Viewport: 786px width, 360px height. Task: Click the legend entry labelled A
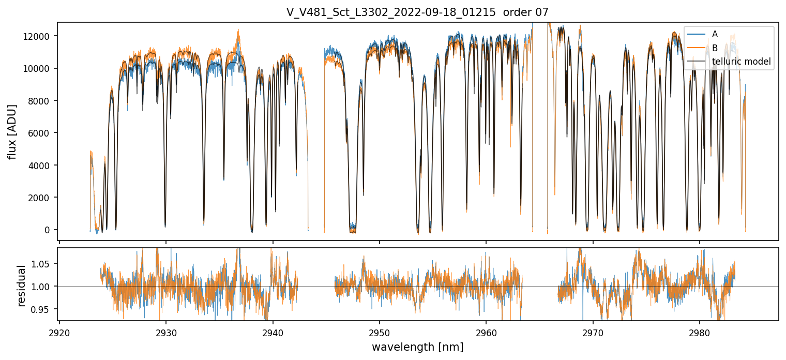coord(715,34)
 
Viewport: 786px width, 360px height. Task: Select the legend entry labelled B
coord(715,48)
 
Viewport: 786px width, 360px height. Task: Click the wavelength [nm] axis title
coord(417,347)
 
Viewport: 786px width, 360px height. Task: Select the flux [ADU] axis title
coord(12,131)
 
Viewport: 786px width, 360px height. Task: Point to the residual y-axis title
coord(21,286)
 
